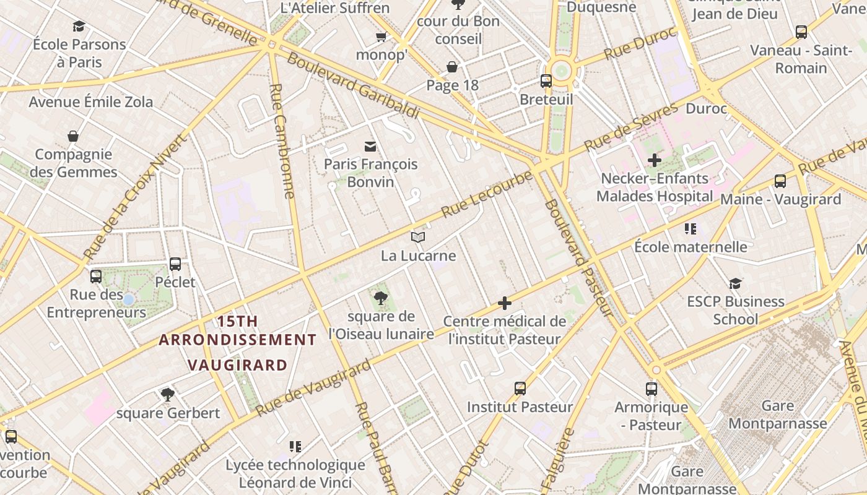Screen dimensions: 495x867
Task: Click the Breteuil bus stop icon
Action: point(546,80)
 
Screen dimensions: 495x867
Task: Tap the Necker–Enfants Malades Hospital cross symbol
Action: point(654,160)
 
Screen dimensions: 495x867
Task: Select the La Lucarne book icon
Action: point(418,237)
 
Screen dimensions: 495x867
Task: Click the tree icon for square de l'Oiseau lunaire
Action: point(381,298)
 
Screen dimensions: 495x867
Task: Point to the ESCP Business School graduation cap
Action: point(735,283)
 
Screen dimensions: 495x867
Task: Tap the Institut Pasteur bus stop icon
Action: point(520,389)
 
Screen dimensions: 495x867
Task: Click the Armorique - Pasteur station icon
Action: point(651,389)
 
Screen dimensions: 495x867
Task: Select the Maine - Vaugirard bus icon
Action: point(780,181)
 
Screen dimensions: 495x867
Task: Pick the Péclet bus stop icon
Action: point(175,264)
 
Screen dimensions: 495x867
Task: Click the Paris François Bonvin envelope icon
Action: point(370,146)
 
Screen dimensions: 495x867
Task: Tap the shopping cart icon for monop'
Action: point(381,37)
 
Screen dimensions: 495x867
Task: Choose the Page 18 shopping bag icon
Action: point(452,67)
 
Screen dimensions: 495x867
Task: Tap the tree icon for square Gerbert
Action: point(167,394)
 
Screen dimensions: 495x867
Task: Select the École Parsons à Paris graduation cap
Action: point(79,26)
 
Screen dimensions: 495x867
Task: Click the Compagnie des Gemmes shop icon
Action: point(73,136)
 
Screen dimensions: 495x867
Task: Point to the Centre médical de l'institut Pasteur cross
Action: point(505,303)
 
